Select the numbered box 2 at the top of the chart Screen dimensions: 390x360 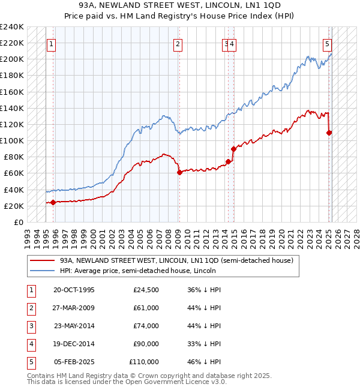178,43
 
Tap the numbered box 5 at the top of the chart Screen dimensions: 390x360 327,43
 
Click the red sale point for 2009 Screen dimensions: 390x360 179,173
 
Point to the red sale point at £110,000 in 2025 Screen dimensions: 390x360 329,133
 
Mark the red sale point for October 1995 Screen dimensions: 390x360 53,202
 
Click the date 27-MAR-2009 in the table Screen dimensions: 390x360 74,308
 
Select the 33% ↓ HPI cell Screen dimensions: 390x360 204,344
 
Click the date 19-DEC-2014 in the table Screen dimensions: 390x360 74,344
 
